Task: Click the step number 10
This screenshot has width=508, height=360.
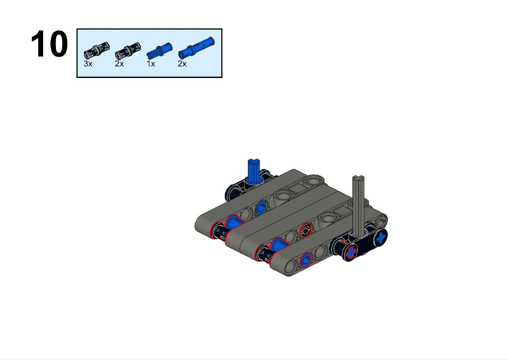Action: [49, 44]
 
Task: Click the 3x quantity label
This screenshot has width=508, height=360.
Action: [88, 64]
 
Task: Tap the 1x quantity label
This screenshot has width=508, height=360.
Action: [151, 64]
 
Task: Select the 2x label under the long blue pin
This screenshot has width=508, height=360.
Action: [182, 64]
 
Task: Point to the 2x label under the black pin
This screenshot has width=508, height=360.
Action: [119, 64]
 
